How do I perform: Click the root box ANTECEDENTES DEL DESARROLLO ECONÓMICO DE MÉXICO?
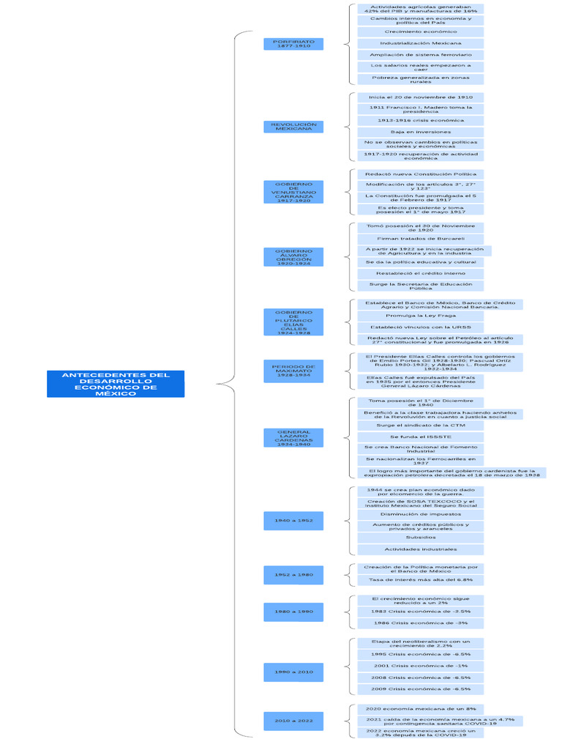116,384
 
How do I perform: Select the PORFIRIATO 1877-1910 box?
293,44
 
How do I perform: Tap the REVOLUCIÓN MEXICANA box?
293,127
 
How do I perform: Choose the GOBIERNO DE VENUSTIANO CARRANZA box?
293,192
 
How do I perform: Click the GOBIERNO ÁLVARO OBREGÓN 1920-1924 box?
293,257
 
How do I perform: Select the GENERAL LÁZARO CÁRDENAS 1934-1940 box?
293,438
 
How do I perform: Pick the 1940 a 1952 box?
293,520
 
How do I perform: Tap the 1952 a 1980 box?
293,575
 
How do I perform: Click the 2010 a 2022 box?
293,721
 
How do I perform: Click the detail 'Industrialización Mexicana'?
420,43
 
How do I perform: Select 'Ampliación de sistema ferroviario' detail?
420,55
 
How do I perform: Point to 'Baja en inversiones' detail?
420,132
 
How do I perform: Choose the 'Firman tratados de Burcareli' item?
420,239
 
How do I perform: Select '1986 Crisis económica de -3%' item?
420,623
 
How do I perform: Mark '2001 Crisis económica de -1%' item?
420,666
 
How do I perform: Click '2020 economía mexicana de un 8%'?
420,709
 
